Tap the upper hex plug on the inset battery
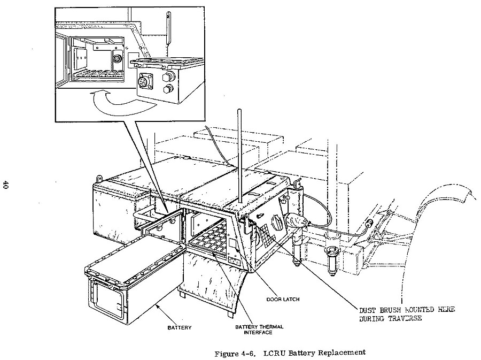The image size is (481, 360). click(x=169, y=75)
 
